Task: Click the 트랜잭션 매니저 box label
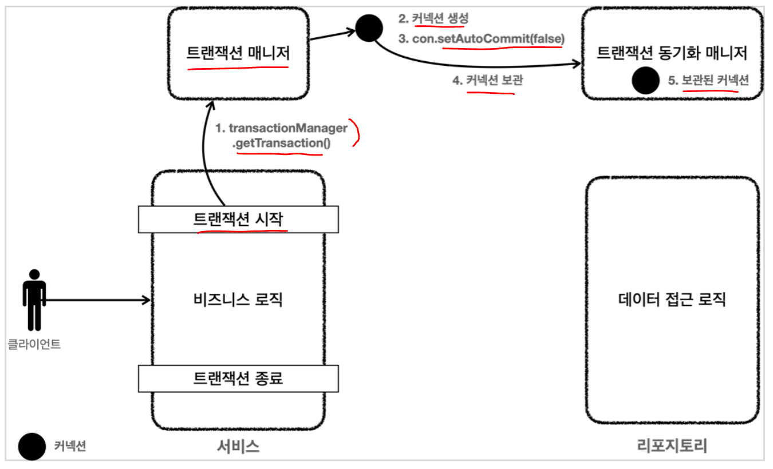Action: coord(238,53)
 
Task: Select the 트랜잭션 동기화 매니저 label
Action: coord(672,53)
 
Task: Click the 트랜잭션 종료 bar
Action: coord(239,378)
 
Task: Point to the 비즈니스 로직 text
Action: coord(239,299)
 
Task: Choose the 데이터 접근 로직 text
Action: coord(672,299)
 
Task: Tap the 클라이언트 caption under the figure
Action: coord(34,344)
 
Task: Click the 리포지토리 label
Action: coord(672,446)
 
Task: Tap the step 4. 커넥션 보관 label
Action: coord(487,81)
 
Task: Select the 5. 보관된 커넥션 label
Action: coord(708,81)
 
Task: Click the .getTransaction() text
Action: coord(281,143)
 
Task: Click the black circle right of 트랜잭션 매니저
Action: coord(368,27)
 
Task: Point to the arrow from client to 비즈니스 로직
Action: coord(97,300)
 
